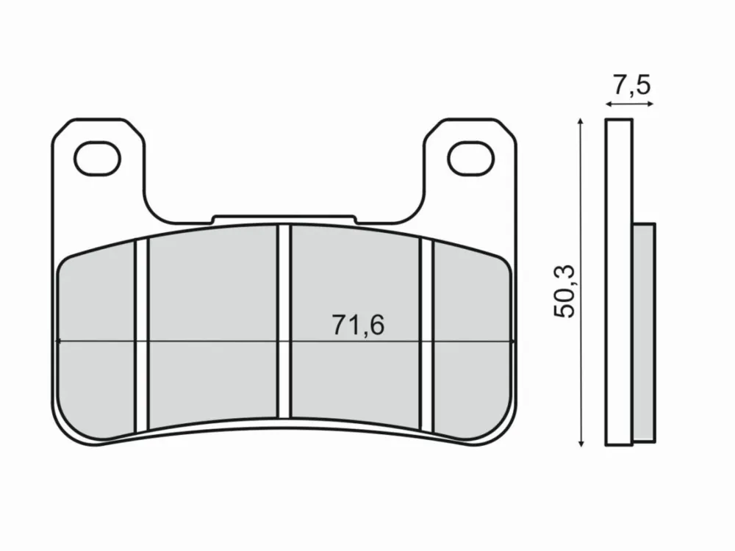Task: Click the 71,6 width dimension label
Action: (358, 325)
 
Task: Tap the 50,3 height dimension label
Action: (564, 292)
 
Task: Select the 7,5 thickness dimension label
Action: (631, 85)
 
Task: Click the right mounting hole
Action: (471, 159)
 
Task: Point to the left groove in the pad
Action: (142, 336)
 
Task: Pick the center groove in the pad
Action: (284, 322)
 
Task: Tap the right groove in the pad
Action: (426, 336)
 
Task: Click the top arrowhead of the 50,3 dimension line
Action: (581, 121)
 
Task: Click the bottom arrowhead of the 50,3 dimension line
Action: (581, 443)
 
